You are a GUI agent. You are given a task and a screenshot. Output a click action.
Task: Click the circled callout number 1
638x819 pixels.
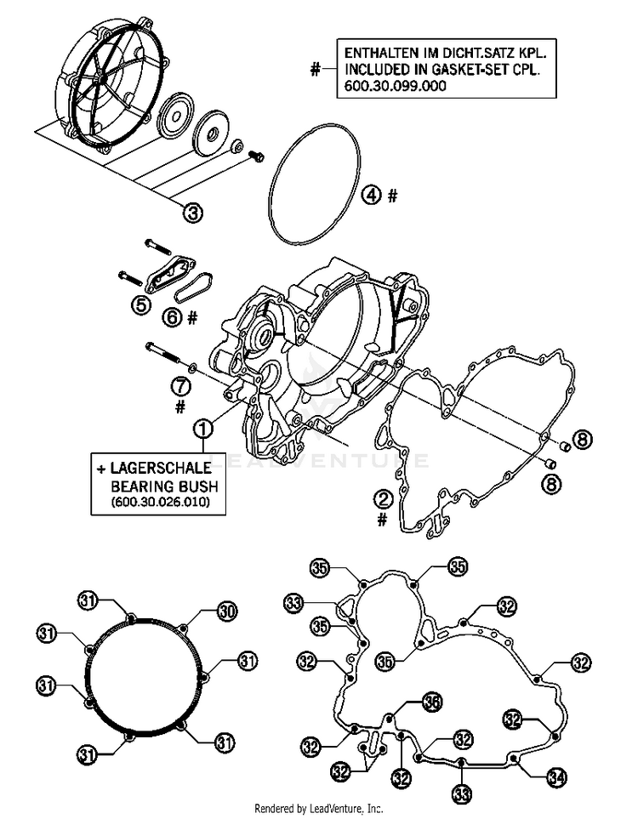202,429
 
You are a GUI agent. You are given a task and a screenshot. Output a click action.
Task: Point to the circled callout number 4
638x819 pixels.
371,196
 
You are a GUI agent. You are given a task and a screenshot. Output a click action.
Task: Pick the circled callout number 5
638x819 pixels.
140,303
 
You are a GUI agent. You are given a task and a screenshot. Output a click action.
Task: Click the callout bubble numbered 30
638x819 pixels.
225,610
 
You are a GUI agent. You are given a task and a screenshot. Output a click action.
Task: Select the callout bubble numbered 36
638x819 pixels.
432,702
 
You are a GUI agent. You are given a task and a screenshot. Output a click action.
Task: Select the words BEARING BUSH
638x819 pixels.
165,486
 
